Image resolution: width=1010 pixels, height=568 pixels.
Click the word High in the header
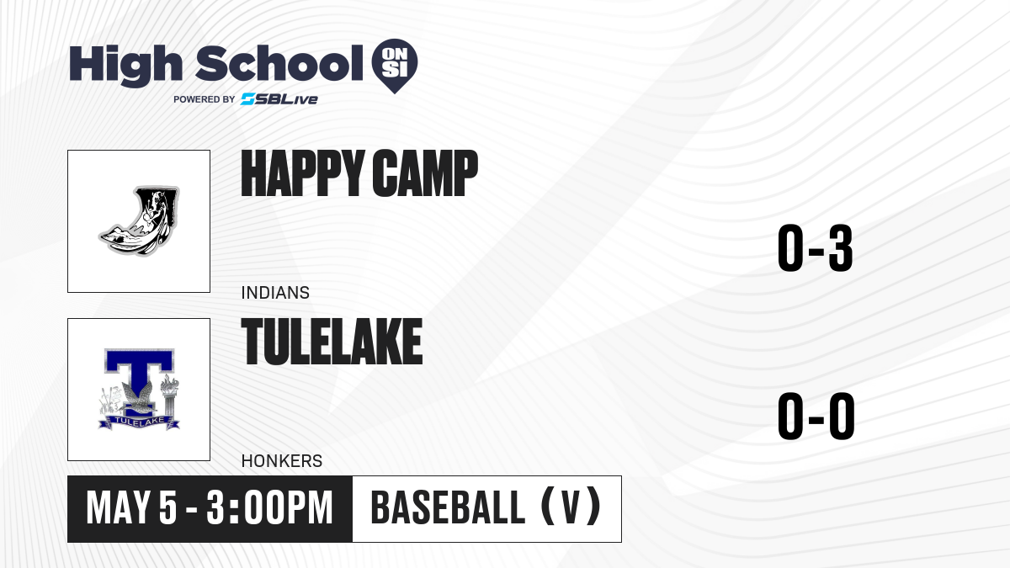125,65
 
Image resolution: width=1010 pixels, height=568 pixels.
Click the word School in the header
279,62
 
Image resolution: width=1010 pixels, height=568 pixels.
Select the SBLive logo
279,99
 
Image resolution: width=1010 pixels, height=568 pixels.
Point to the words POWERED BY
205,99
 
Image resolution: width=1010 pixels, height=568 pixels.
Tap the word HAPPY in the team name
302,173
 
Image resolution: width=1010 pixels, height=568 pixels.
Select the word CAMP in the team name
425,173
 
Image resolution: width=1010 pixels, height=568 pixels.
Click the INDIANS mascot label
275,293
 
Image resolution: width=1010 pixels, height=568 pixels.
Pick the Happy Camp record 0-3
816,248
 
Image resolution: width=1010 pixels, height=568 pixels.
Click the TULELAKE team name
332,342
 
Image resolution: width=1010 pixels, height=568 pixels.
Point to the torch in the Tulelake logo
169,395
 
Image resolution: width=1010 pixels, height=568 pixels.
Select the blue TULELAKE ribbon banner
139,422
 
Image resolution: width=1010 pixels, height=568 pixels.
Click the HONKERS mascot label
282,461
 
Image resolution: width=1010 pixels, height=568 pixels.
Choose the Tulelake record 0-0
816,416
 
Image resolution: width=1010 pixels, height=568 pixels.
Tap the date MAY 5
131,508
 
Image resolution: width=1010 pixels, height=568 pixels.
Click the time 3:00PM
269,508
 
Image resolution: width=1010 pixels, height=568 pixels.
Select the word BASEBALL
448,508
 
